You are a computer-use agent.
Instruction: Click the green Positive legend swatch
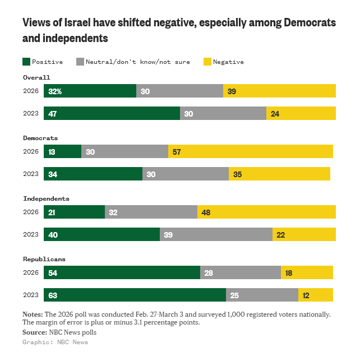(x=26, y=62)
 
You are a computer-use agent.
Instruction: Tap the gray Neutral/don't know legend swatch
(x=80, y=62)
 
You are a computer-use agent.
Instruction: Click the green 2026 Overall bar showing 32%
(x=90, y=91)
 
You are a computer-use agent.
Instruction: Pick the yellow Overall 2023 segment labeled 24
(x=301, y=113)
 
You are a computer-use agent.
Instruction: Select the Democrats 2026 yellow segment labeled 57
(x=250, y=151)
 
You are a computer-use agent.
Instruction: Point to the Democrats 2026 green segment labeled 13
(x=62, y=151)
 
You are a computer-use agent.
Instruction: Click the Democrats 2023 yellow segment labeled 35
(x=279, y=174)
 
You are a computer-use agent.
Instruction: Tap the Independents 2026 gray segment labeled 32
(x=151, y=212)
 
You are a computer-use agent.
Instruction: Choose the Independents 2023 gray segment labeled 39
(x=216, y=234)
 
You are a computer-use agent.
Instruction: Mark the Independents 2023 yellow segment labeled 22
(x=304, y=234)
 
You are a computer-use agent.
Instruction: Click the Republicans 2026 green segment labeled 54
(x=122, y=272)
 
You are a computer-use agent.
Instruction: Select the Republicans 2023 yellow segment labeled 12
(x=316, y=295)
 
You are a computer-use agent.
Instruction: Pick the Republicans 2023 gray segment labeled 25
(x=262, y=295)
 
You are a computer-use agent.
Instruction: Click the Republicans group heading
(x=44, y=259)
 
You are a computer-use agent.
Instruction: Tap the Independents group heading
(x=46, y=198)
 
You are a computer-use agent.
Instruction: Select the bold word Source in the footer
(x=34, y=332)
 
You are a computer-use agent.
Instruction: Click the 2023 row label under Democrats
(x=30, y=174)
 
